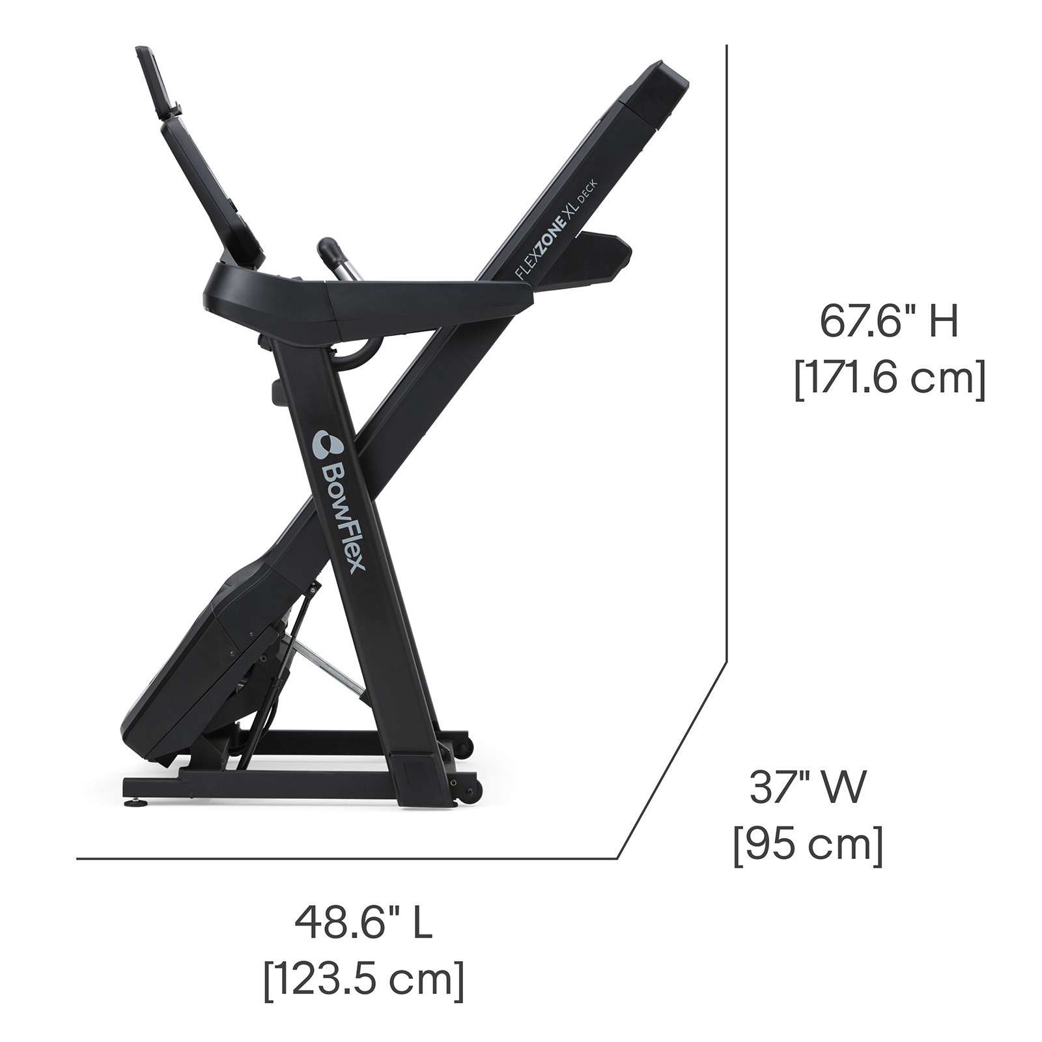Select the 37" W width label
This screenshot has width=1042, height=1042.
tap(808, 787)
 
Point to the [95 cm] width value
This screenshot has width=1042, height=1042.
tap(808, 846)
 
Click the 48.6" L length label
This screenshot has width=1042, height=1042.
tap(363, 923)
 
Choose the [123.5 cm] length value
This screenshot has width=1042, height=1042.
tap(364, 981)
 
